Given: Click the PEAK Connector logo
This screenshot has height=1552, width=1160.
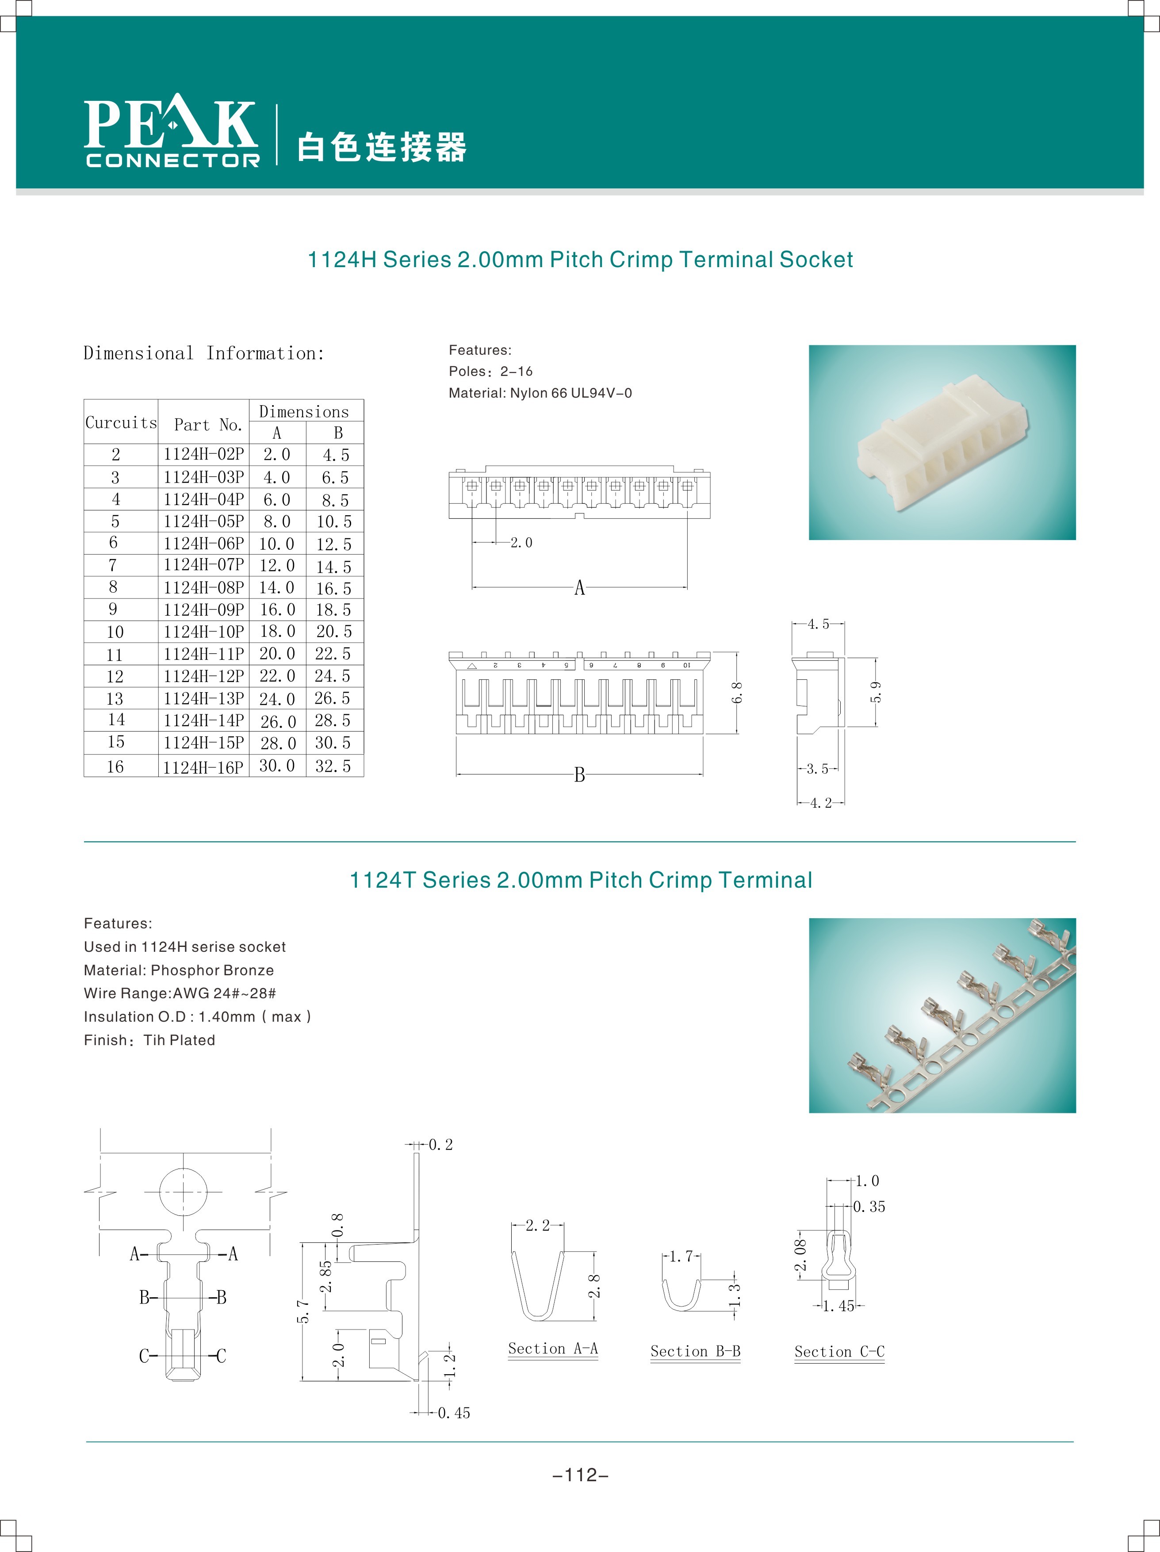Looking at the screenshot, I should click(x=172, y=132).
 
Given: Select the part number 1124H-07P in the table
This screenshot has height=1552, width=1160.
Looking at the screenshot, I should click(x=203, y=565).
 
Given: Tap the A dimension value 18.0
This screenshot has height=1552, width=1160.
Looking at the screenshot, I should click(x=277, y=632).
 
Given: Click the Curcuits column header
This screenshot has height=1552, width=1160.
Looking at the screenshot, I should click(x=121, y=422).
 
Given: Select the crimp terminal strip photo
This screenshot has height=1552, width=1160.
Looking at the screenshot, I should click(x=942, y=1015).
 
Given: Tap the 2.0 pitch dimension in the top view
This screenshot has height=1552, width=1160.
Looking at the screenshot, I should click(x=521, y=542).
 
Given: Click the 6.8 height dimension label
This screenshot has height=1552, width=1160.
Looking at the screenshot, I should click(x=737, y=693).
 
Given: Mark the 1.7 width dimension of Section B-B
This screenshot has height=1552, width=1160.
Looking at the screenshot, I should click(x=681, y=1256).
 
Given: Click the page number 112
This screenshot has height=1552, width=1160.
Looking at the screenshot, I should click(x=580, y=1475).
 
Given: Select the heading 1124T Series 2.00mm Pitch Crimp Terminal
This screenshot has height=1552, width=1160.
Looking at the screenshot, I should click(x=580, y=880).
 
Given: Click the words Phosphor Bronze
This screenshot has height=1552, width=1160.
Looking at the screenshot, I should click(x=212, y=970).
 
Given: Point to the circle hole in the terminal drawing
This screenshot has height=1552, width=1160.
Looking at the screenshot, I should click(x=183, y=1192).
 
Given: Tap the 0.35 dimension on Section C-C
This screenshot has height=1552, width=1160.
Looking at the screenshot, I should click(x=869, y=1207).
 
